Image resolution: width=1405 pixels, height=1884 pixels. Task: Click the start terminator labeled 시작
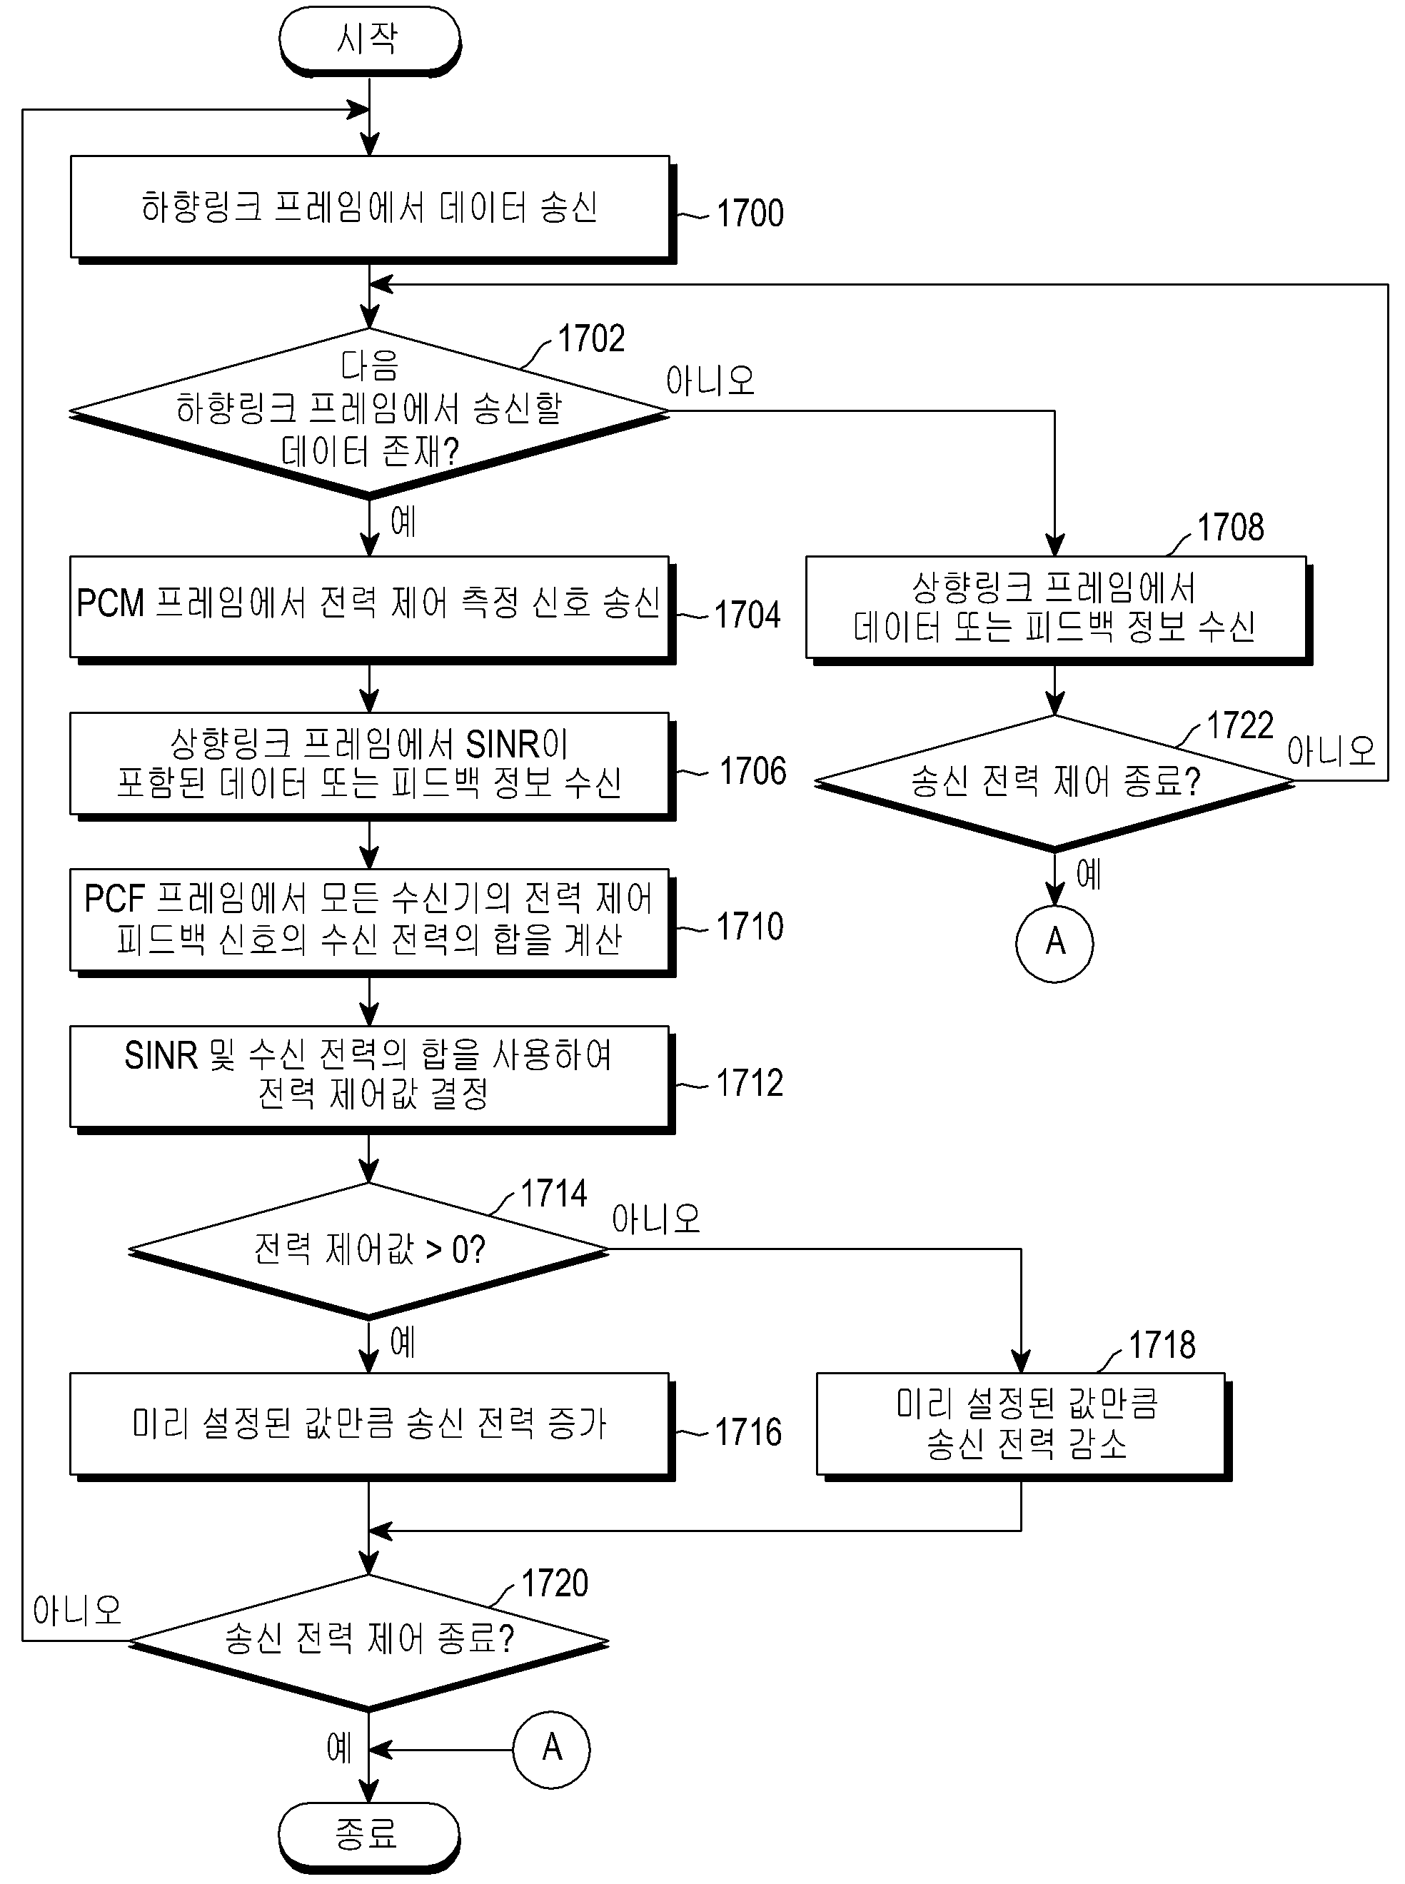click(369, 40)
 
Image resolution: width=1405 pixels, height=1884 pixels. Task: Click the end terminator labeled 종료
click(369, 1835)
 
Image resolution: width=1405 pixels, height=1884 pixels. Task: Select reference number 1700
click(750, 213)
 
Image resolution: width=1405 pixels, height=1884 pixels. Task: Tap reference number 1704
click(747, 615)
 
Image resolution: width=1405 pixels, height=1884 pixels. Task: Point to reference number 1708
click(1230, 528)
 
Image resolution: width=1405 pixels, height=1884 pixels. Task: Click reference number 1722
click(1240, 725)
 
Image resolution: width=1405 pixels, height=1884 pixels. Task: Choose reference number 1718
click(1162, 1346)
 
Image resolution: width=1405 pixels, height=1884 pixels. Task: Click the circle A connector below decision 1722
click(1054, 943)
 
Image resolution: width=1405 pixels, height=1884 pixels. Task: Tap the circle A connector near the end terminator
click(551, 1750)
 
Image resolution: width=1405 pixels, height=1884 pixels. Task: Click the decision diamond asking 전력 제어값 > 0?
click(369, 1249)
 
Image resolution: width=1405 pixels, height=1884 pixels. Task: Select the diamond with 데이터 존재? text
click(369, 412)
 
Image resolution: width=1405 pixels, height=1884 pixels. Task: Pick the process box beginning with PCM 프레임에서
click(373, 609)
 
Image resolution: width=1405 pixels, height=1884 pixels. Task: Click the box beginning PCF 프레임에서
click(373, 923)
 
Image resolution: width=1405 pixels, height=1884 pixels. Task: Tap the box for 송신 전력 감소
click(1024, 1426)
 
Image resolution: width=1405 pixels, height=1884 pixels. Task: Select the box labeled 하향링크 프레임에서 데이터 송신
click(373, 209)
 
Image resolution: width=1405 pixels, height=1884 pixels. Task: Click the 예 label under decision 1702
click(402, 521)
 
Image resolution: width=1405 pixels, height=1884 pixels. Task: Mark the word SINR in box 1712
click(161, 1056)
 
